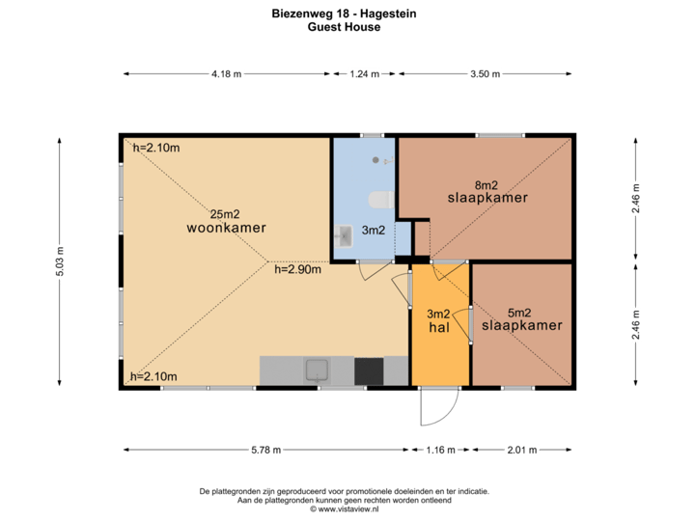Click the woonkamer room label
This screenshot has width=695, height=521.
(226, 229)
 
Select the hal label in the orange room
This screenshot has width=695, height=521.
(439, 328)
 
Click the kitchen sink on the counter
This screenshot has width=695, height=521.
(317, 370)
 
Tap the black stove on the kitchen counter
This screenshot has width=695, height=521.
(369, 370)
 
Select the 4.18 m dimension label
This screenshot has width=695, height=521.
(227, 73)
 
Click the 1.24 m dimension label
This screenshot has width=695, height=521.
(364, 73)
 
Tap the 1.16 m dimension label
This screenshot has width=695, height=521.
(439, 450)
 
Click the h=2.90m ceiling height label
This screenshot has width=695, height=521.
(297, 269)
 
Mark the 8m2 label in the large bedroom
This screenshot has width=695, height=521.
(486, 184)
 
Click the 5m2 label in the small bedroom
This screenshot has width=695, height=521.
(519, 312)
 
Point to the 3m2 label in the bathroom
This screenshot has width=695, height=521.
(373, 232)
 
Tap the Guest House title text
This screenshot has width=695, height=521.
(345, 28)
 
